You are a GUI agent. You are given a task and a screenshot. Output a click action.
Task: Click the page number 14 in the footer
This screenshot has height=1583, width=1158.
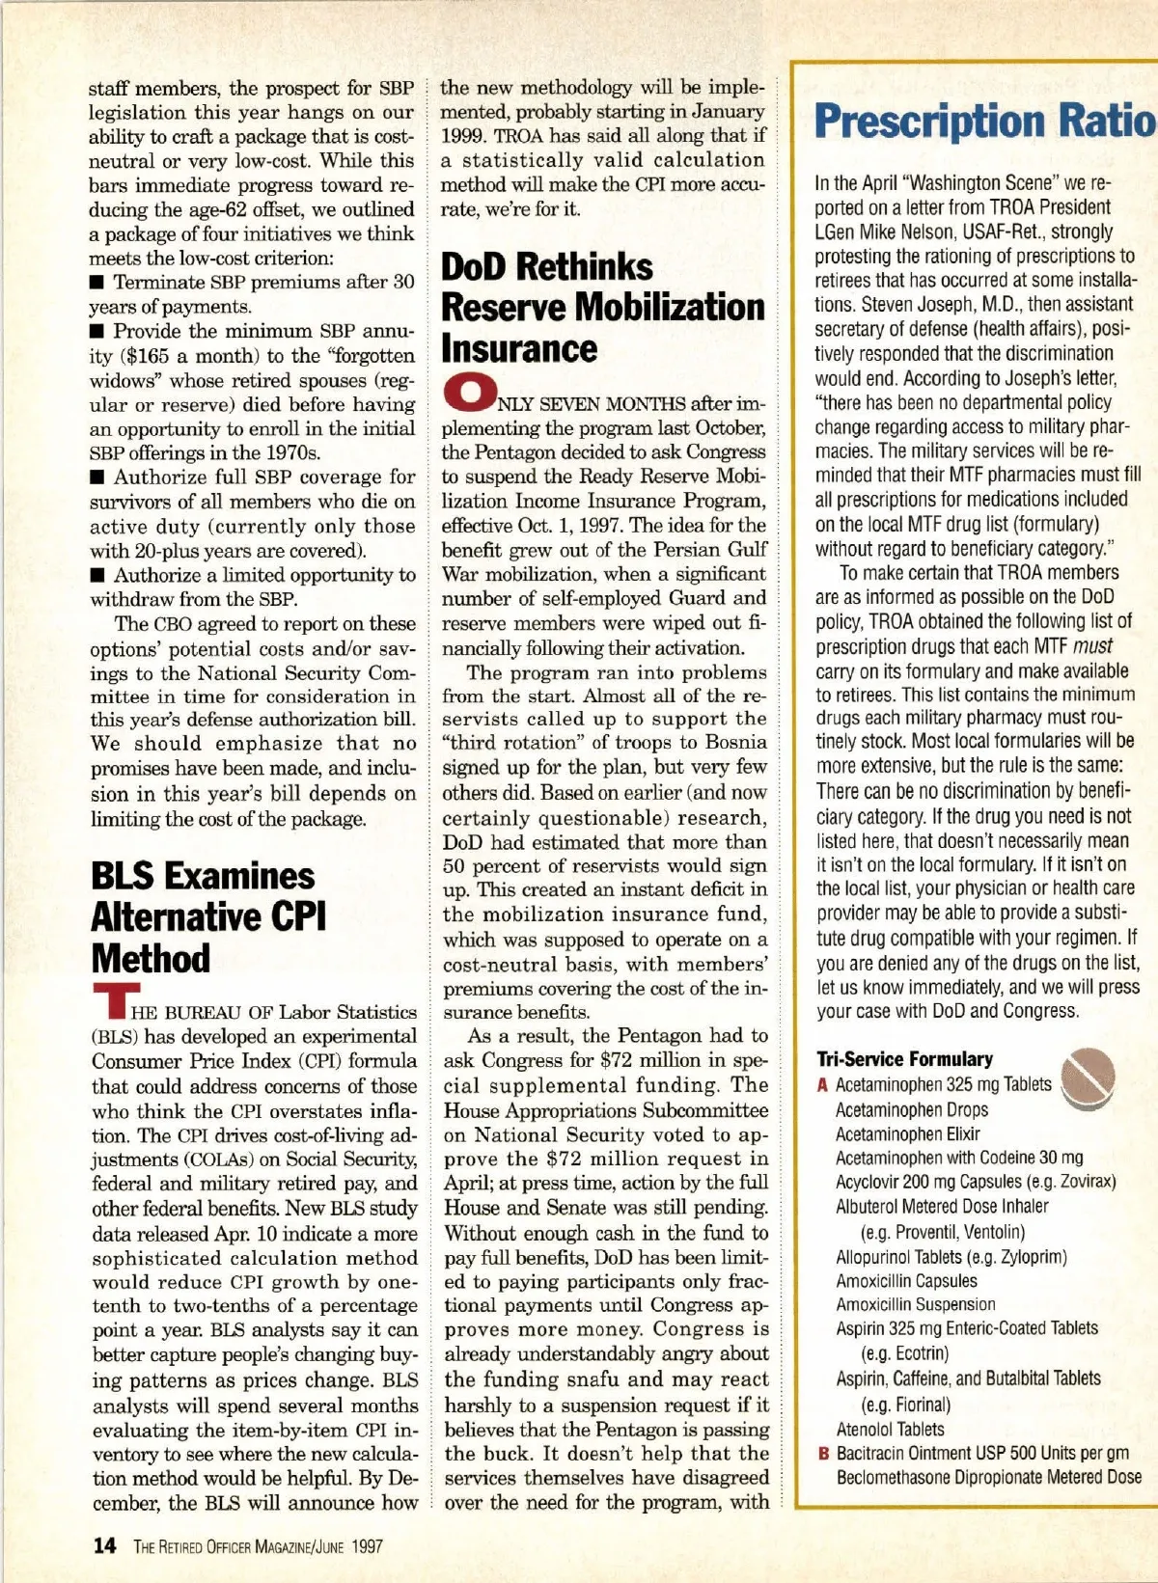point(104,1545)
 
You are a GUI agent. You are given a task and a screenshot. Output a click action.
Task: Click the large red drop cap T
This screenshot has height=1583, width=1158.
point(116,1001)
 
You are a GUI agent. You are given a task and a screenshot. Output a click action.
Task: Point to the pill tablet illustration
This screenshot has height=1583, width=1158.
point(1089,1078)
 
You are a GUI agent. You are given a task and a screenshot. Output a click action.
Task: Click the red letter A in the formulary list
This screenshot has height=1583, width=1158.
point(822,1085)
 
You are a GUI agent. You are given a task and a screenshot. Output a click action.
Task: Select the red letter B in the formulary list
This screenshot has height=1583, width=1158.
point(823,1454)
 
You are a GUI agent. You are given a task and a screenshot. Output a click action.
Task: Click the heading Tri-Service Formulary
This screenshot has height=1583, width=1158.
point(904,1058)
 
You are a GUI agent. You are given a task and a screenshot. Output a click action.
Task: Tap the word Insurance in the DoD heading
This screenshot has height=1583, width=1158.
point(519,348)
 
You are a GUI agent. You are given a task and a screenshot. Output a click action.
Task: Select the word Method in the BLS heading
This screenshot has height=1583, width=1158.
point(151,958)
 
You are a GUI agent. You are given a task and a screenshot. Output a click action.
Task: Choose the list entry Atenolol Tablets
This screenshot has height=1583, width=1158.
point(890,1430)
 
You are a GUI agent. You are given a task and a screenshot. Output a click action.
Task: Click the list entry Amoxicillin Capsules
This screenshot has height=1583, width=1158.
point(906,1281)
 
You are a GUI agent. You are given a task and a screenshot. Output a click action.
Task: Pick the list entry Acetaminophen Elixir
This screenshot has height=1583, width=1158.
point(907,1134)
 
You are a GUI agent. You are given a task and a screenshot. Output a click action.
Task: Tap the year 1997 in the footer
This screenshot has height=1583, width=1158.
point(367,1546)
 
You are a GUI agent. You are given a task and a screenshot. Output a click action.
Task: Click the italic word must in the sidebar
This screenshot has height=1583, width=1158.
point(1092,646)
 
